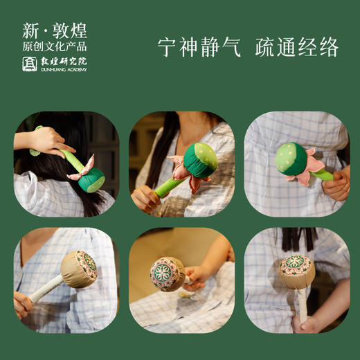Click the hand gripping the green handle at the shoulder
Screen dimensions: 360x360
(x=146, y=198)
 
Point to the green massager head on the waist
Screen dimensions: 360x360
(x=291, y=159)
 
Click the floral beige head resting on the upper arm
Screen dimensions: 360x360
(x=80, y=269)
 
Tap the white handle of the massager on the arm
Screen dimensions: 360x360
(x=42, y=290)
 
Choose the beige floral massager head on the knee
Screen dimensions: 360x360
(x=167, y=273)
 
